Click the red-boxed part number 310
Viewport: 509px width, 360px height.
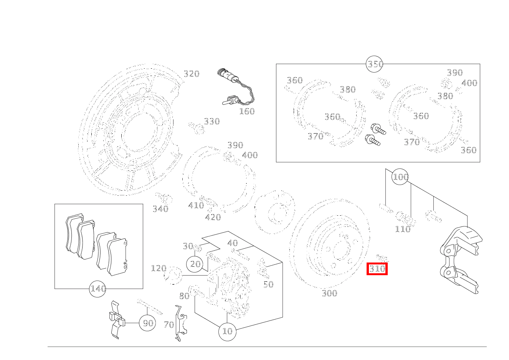[377, 269]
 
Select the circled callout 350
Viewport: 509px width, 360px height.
[375, 64]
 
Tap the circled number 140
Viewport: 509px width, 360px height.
[98, 289]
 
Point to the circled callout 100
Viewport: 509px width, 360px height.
[400, 177]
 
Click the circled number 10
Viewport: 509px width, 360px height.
[227, 331]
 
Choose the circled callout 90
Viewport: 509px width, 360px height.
[147, 323]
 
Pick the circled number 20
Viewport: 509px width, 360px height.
[195, 264]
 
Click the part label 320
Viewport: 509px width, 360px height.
[191, 74]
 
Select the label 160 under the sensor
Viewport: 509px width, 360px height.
[247, 111]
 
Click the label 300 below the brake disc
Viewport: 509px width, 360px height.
[329, 294]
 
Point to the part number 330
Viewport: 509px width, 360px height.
[212, 122]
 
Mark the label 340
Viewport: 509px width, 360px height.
[160, 209]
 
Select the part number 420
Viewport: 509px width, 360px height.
[213, 218]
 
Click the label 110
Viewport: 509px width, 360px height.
[403, 230]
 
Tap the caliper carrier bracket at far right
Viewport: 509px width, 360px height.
[460, 259]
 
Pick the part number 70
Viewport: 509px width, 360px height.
[169, 325]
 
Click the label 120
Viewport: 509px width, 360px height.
[158, 268]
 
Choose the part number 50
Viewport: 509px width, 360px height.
[268, 284]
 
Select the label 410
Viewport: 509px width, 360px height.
[196, 205]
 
